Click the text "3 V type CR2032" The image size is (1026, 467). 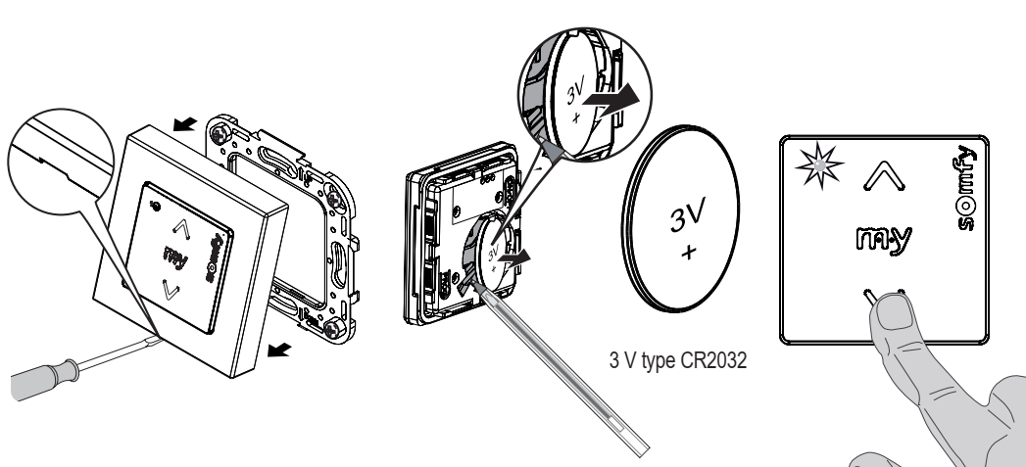click(x=678, y=360)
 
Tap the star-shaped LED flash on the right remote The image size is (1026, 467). click(x=818, y=165)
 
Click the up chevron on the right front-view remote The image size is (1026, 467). click(x=884, y=176)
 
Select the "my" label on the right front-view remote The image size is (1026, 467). click(x=884, y=240)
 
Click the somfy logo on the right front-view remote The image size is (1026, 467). click(x=966, y=188)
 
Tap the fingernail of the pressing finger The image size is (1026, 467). click(x=893, y=310)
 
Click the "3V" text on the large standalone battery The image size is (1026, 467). click(x=688, y=215)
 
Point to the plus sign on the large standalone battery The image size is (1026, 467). click(x=688, y=252)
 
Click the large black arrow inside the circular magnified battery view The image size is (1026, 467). click(x=610, y=101)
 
